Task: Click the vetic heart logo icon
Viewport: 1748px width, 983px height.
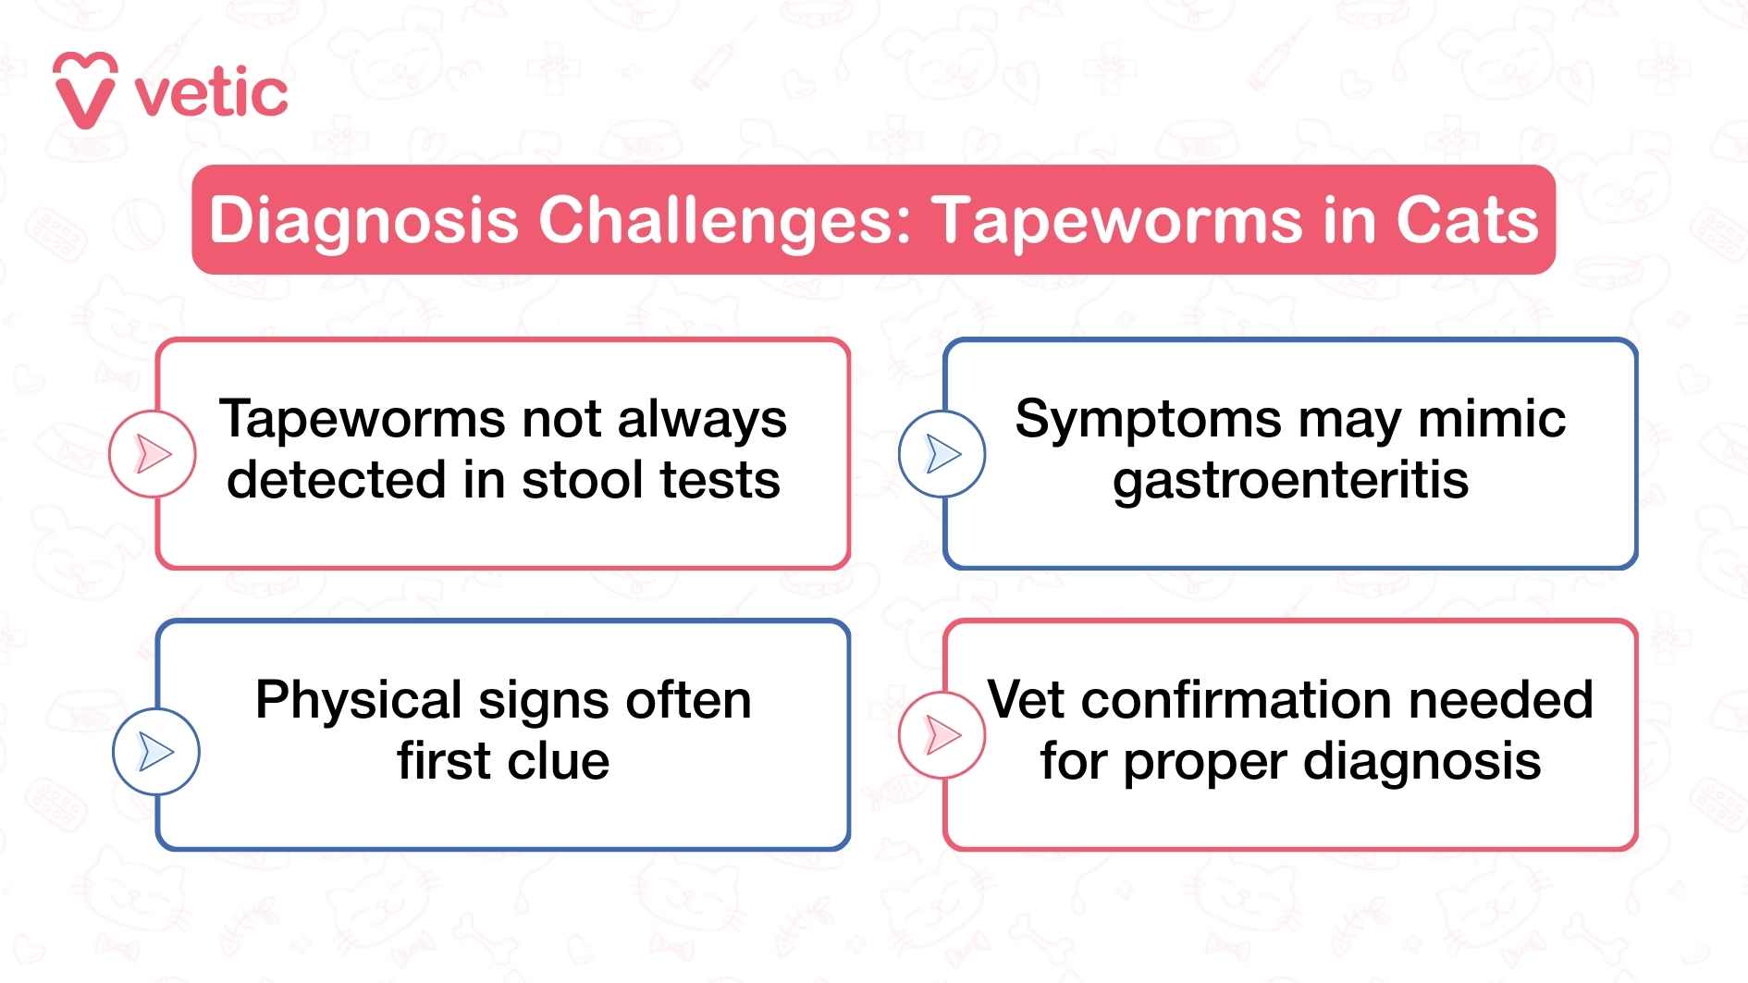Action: tap(85, 91)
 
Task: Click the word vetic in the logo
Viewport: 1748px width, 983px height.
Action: tap(211, 93)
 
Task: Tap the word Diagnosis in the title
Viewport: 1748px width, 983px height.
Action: tap(363, 221)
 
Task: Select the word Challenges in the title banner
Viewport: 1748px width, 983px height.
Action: tap(725, 221)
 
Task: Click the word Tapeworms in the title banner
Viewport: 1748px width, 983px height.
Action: tap(1116, 221)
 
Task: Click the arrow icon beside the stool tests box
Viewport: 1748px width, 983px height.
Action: tap(153, 454)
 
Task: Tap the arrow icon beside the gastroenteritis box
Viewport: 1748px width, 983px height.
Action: tap(942, 454)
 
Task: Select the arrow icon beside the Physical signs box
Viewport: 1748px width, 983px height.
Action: tap(155, 751)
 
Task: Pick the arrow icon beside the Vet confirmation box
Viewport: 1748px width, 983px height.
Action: tap(942, 735)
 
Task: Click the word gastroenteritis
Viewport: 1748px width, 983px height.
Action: tap(1290, 481)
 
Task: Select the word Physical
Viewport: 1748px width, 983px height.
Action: tap(358, 701)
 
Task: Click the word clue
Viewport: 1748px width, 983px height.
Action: tap(558, 761)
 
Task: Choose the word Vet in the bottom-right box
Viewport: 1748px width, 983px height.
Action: tap(1026, 700)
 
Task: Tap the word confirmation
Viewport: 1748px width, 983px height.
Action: tap(1237, 700)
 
